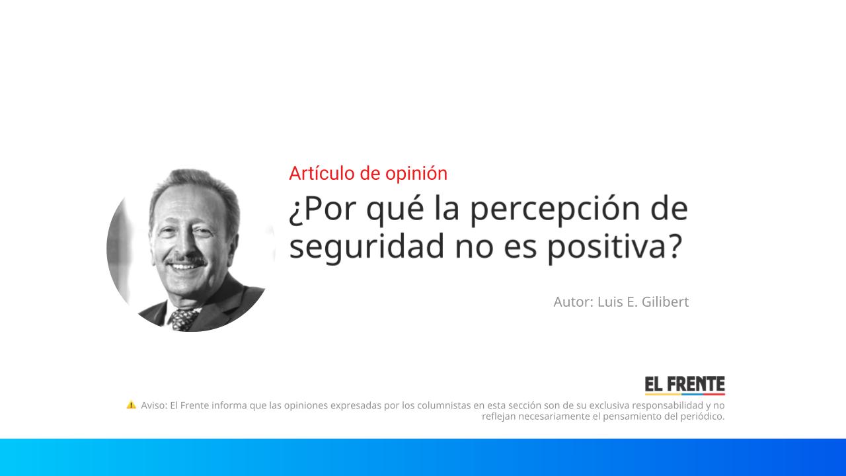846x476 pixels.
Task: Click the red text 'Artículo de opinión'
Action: (367, 173)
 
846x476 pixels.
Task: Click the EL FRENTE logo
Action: (685, 385)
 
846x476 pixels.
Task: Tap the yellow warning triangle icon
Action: (131, 405)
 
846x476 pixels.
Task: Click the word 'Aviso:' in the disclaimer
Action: (154, 405)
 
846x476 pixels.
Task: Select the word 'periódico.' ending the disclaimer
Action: (701, 416)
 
